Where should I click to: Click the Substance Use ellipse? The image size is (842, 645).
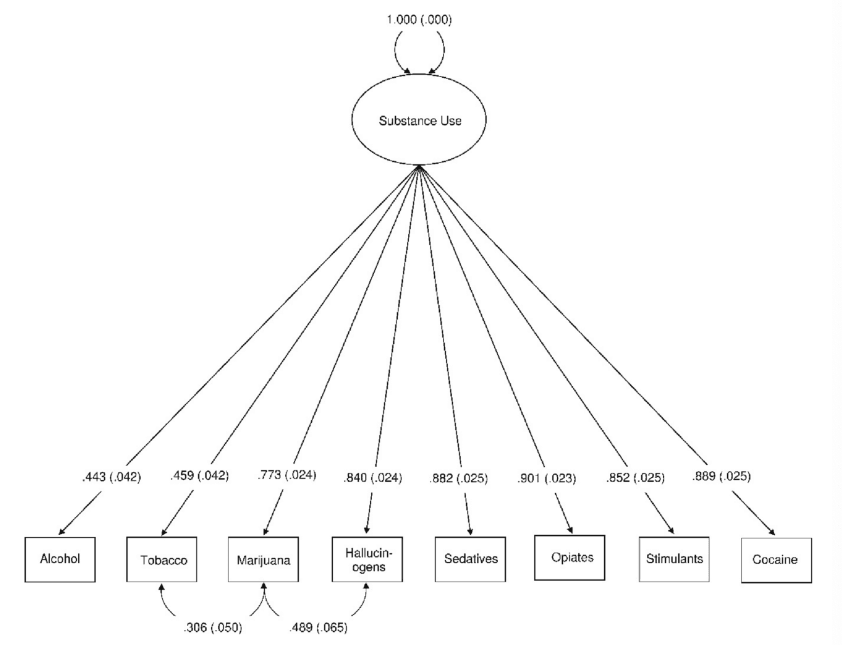click(419, 120)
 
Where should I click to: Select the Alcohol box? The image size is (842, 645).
click(60, 559)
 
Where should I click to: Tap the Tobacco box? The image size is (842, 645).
click(162, 560)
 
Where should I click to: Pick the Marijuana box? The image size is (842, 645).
click(264, 560)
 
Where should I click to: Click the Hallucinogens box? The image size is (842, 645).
click(368, 560)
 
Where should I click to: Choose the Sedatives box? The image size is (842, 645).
click(471, 559)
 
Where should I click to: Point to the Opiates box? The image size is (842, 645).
click(570, 558)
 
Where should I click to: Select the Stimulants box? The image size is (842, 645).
click(674, 559)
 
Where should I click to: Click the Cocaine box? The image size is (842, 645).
click(776, 560)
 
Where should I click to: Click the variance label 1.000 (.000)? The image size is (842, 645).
click(419, 19)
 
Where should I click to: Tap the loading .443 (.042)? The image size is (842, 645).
click(112, 477)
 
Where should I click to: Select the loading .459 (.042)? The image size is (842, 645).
click(200, 476)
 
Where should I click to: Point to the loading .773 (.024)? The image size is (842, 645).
click(287, 475)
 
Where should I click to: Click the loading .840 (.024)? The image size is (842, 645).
click(373, 478)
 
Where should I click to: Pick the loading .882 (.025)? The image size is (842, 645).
click(459, 479)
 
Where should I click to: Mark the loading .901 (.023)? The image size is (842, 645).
click(546, 479)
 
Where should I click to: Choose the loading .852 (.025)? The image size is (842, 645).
click(636, 478)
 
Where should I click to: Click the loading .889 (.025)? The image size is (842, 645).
click(722, 477)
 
